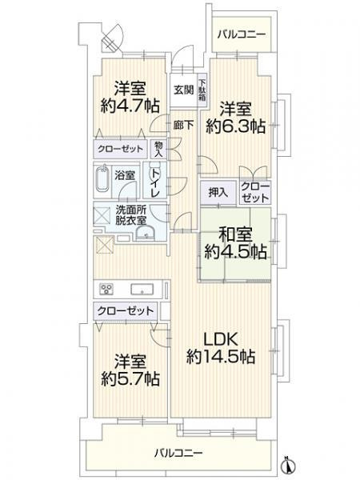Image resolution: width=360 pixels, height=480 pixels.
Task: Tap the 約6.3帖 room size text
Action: pos(237,126)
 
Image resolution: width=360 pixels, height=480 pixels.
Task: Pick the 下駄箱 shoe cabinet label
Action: pos(202,84)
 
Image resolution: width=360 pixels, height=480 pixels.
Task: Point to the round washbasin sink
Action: pos(146,232)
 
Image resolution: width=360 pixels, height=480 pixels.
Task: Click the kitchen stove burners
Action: pos(105,290)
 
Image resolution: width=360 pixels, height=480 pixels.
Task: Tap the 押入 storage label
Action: pos(217,192)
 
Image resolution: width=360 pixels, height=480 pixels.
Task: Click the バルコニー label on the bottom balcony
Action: pos(178,453)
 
